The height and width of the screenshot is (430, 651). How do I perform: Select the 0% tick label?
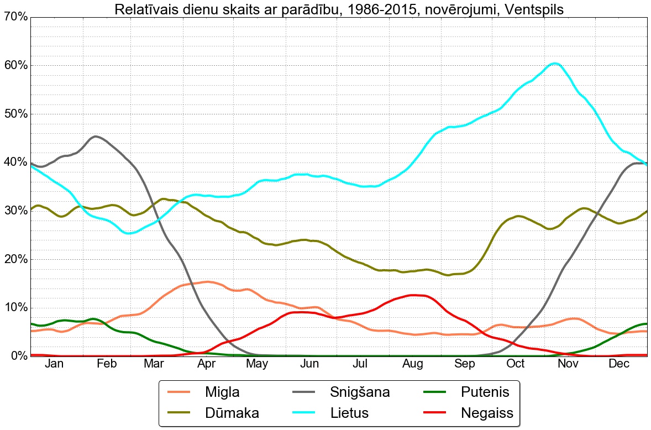18,356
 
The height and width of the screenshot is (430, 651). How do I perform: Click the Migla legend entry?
222,392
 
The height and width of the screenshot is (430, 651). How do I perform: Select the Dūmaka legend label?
232,413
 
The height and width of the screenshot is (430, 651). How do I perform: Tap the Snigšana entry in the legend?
360,392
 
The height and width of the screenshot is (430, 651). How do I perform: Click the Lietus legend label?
349,413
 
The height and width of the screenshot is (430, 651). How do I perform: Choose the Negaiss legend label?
487,413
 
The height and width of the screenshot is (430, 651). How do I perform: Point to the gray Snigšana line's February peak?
96,137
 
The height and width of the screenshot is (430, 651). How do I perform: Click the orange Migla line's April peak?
207,282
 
